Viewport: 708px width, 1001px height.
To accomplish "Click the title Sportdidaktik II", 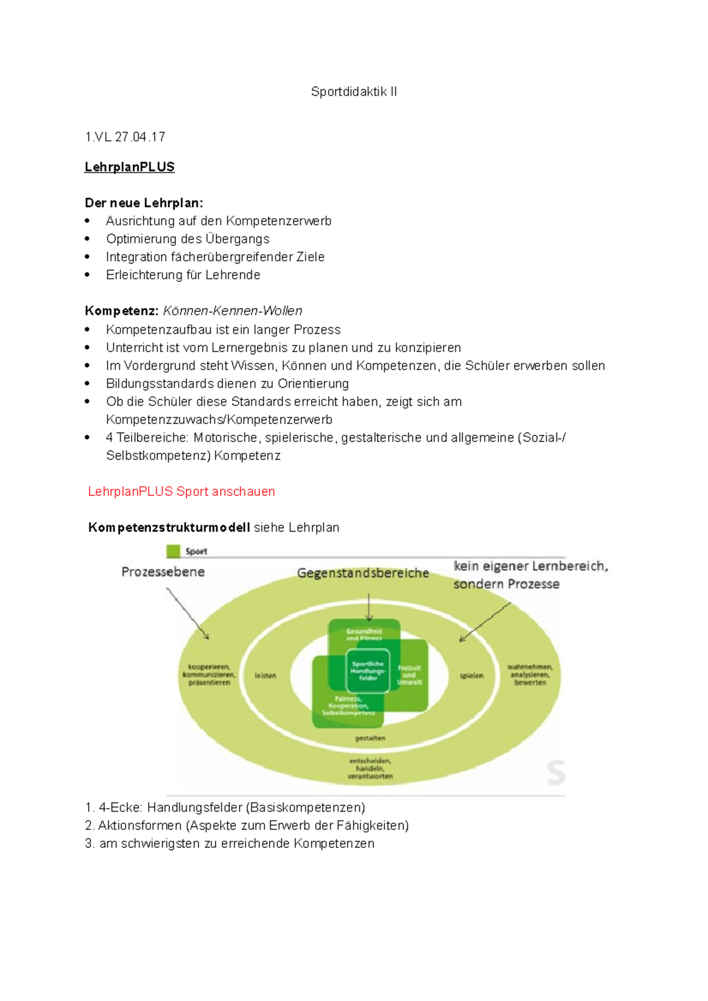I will (x=353, y=91).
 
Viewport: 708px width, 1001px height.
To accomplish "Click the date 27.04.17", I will (x=140, y=137).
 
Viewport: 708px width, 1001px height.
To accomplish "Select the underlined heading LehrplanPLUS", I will (x=129, y=167).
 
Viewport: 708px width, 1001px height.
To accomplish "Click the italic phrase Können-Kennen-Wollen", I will (x=232, y=311).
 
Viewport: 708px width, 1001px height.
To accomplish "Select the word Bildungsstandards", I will (x=159, y=384).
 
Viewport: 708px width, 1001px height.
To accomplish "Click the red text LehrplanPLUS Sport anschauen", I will (x=181, y=492).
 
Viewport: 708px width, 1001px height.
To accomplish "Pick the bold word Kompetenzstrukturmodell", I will (x=169, y=528).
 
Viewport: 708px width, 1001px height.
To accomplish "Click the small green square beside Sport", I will (x=173, y=551).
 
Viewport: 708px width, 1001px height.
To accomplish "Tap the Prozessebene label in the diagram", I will (x=163, y=572).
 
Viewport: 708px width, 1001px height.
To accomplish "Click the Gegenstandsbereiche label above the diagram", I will (x=363, y=573).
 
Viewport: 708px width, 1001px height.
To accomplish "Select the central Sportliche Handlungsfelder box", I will (x=368, y=671).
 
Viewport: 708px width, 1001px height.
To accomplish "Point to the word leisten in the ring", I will (x=265, y=676).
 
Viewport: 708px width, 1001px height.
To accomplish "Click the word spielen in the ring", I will (x=472, y=676).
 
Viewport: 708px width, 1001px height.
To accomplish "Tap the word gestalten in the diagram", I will (x=370, y=738).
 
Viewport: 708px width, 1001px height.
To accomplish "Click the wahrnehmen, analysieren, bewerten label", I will (x=530, y=675).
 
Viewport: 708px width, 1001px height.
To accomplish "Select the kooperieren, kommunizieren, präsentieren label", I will (x=209, y=675).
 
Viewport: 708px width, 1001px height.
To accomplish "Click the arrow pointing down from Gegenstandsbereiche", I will (x=369, y=607).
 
